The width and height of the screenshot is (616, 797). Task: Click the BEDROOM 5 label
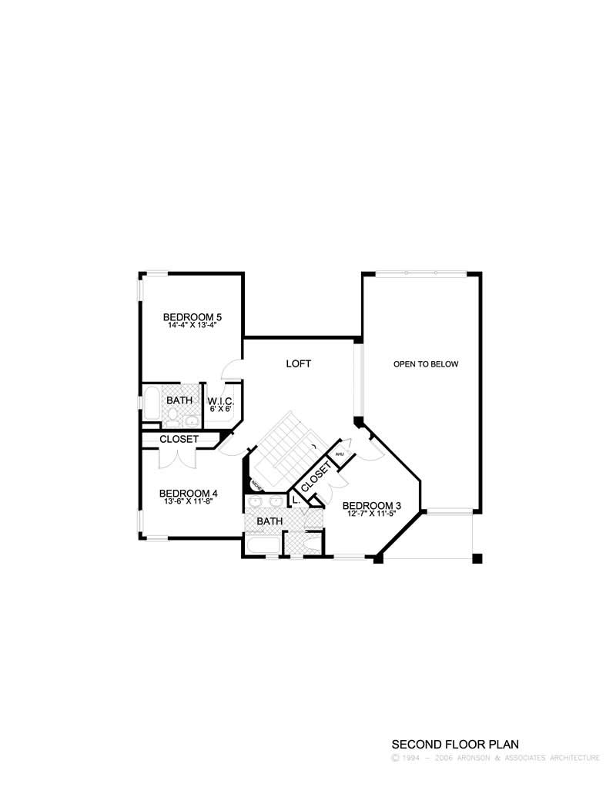click(192, 316)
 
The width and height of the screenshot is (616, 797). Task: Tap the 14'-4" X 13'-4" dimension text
click(192, 325)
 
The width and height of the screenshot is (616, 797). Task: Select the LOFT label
click(298, 363)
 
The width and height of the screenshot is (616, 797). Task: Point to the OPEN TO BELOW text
click(426, 363)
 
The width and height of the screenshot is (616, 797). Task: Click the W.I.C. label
click(220, 401)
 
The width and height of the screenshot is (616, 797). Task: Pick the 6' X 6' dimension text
click(220, 409)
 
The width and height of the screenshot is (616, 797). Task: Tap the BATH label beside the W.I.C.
click(179, 400)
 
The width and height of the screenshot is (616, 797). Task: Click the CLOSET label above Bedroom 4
click(179, 439)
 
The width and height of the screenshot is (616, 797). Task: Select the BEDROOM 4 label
click(188, 493)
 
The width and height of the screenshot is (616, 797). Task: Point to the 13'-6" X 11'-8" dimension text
click(188, 501)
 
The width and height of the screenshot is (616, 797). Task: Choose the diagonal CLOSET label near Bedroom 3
click(316, 477)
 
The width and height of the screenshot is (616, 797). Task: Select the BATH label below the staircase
click(269, 521)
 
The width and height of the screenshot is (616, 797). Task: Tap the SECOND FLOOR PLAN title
click(455, 744)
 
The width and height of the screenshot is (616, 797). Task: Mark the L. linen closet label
click(296, 501)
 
